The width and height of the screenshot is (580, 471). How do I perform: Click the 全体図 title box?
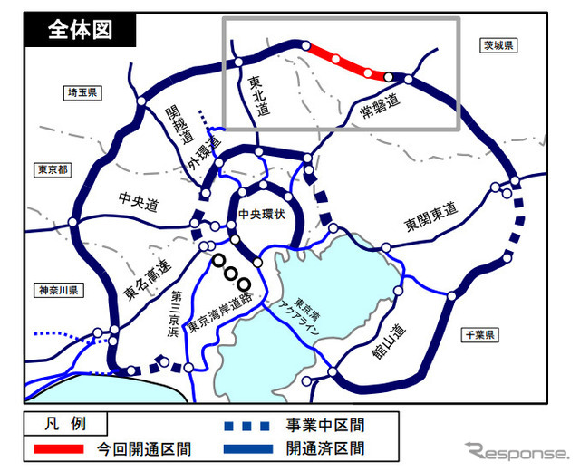(81, 29)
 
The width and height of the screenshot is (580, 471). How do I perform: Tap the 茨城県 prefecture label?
(498, 45)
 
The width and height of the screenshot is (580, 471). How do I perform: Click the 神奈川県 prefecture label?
(60, 291)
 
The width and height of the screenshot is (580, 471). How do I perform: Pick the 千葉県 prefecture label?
(478, 334)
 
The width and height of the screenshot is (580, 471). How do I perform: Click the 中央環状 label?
(261, 215)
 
